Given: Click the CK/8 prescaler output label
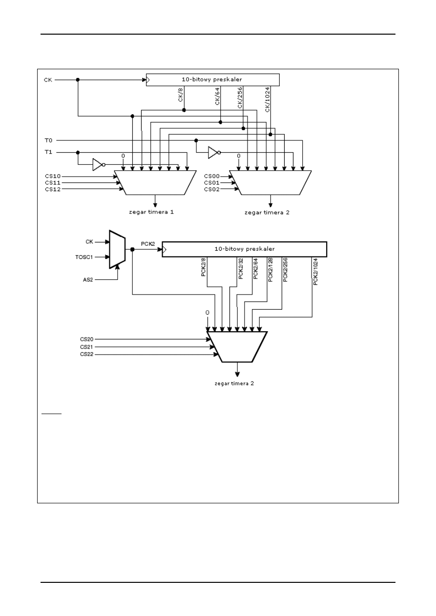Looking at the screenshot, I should [x=181, y=95].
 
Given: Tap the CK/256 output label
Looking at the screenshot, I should [x=240, y=98].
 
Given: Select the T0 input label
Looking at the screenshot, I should [x=47, y=140].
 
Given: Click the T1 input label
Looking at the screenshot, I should [x=47, y=152].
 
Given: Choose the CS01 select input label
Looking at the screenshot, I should [x=212, y=182].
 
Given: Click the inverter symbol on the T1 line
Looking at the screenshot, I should [x=98, y=164].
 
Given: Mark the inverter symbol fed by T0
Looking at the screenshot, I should [x=213, y=153].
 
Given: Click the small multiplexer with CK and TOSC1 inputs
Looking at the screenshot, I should [x=118, y=249].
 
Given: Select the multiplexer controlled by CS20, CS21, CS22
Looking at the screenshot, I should [x=237, y=347].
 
